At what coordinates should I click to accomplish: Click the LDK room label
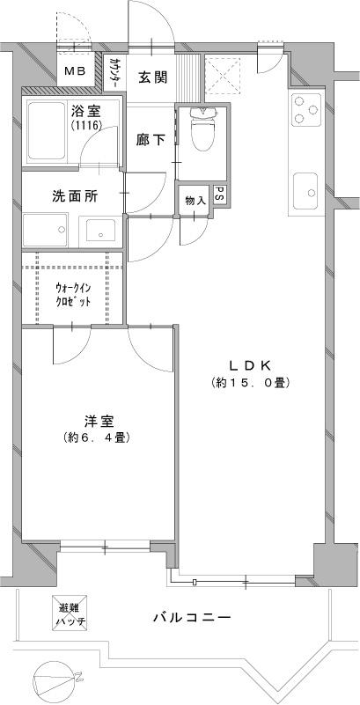[250, 365]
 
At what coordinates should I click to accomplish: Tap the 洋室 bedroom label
[98, 421]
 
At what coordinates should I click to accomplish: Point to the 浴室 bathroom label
[85, 111]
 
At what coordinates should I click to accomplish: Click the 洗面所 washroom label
[72, 197]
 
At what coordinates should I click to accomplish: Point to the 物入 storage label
[195, 199]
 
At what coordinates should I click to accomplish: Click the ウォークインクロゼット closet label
[72, 294]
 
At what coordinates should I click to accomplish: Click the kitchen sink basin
[305, 188]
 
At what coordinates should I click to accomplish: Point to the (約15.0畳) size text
[250, 383]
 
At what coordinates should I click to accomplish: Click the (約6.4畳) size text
[98, 437]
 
